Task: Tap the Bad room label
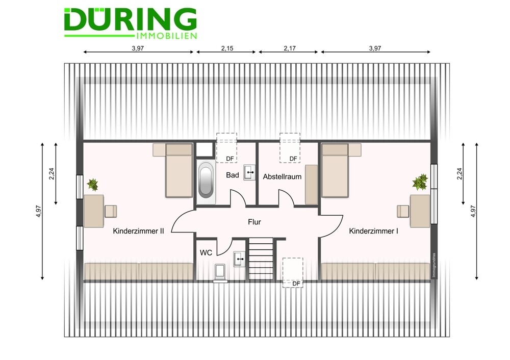coord(233,175)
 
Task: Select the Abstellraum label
coord(283,176)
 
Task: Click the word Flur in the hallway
coord(254,222)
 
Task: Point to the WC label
coord(206,253)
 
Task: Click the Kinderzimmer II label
coord(138,231)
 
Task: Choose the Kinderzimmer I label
coord(374,231)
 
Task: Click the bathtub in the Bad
coord(206,182)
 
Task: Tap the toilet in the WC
coord(220,272)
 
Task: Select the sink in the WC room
coord(239,259)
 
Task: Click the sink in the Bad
coord(249,172)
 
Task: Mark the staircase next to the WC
coord(261,259)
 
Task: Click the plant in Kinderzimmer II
coord(93,185)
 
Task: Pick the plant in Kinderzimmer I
coord(420,182)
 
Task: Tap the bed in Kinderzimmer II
coord(179,170)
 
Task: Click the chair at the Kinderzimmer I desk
coord(403,212)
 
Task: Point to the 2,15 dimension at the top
coord(227,48)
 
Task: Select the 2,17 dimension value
coord(290,48)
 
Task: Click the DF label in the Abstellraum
coord(293,159)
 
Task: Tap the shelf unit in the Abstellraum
coord(311,185)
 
